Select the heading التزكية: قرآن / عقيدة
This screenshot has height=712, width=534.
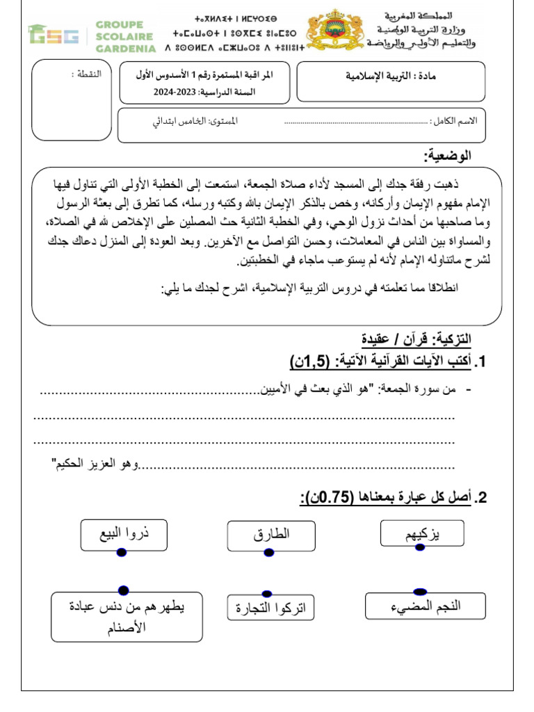click(416, 340)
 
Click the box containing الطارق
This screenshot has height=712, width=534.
click(267, 535)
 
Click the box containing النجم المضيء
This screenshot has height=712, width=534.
click(425, 606)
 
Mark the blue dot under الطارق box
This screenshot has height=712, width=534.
click(268, 552)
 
